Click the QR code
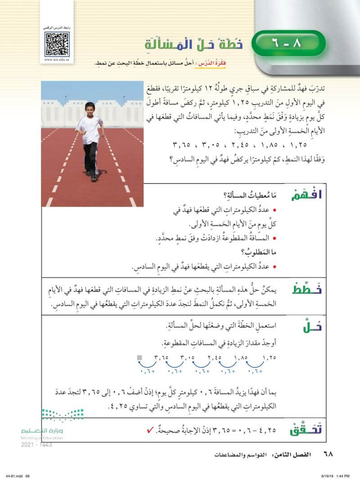(x=57, y=44)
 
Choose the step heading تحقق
(x=308, y=429)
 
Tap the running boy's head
(x=90, y=110)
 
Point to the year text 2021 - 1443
(x=36, y=445)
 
